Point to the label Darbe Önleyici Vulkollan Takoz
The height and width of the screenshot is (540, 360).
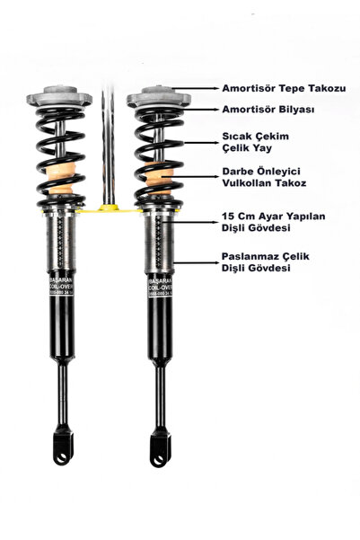click(x=267, y=176)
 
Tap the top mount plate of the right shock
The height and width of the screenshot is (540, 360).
click(x=159, y=97)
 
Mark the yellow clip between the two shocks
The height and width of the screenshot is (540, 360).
click(x=110, y=209)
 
